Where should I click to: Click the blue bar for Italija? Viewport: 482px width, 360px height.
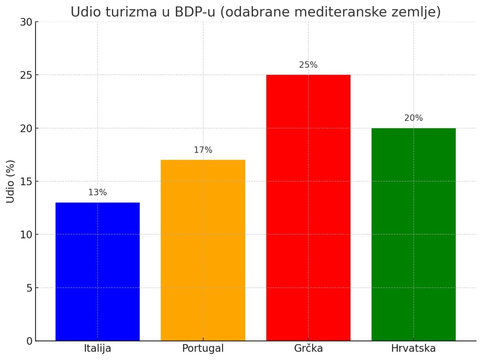(x=98, y=271)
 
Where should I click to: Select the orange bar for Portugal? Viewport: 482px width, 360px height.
(x=203, y=250)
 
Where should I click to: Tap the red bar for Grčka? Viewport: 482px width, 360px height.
(x=308, y=208)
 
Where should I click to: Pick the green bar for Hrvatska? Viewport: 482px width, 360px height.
(x=413, y=234)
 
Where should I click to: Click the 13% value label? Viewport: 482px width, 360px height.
(x=98, y=192)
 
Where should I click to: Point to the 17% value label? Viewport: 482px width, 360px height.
(x=203, y=150)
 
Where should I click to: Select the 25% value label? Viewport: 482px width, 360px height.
(x=308, y=65)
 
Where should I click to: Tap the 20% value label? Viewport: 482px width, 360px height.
(x=413, y=118)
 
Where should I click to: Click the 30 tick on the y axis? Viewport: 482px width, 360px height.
(x=26, y=22)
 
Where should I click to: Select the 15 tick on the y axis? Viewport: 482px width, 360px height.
(x=26, y=182)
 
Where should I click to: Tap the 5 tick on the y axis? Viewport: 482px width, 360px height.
(x=29, y=288)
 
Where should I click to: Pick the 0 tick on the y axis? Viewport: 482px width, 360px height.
(x=29, y=341)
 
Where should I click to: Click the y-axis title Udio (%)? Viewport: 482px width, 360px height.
(x=10, y=182)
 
